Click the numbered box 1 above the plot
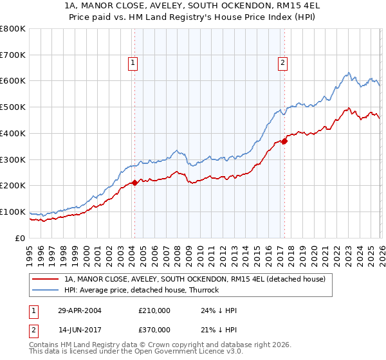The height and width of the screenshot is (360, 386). point(132,63)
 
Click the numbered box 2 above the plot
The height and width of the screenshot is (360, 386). point(282,63)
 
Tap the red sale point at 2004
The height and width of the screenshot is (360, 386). point(134,183)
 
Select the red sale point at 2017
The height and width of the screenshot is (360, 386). point(284,141)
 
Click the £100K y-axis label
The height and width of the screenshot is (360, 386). point(13,212)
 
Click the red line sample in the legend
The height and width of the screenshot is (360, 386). point(46,279)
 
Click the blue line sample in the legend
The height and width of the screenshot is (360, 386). point(46,290)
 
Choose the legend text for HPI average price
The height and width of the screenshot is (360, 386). point(142,290)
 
